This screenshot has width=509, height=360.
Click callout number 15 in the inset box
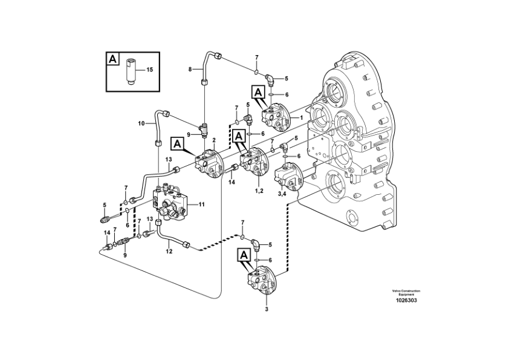pos(149,70)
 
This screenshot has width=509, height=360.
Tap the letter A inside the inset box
pos(112,59)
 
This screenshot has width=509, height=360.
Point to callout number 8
pos(190,70)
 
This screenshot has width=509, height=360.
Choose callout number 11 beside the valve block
pos(201,205)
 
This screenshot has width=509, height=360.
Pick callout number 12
pos(169,251)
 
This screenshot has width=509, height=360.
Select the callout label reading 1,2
pos(259,190)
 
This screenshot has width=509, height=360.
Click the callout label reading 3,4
pos(282,194)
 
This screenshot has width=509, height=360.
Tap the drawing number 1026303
pos(406,301)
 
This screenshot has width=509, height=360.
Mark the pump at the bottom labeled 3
pos(265,284)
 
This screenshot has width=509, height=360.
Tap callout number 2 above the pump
pos(213,140)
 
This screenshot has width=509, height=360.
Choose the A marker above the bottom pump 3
pos(244,256)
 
